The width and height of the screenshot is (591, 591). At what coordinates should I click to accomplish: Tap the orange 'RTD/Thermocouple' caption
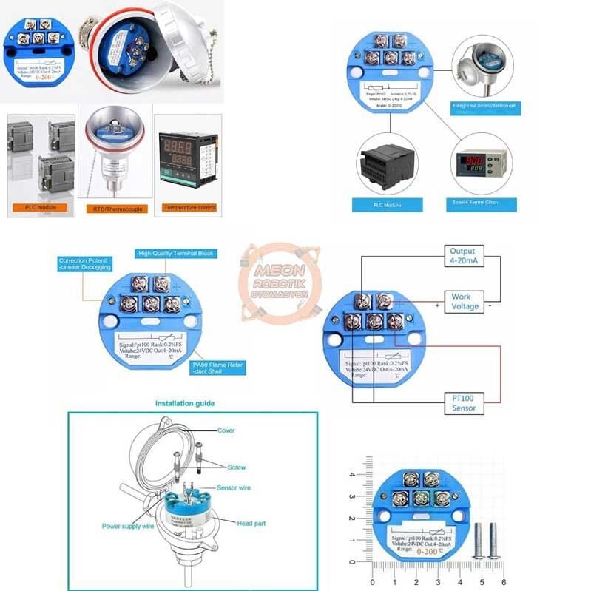116,209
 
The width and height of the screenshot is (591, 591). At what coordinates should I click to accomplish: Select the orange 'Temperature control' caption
190,208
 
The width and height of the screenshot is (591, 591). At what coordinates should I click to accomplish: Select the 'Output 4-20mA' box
464,256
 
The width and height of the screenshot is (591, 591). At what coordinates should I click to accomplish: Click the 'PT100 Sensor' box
464,403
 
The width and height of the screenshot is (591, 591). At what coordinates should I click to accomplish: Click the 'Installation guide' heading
185,404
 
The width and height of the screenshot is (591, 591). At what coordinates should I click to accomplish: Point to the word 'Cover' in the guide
226,430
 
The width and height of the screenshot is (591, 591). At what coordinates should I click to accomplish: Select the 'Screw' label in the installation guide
237,467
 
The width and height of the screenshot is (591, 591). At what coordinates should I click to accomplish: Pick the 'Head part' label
251,524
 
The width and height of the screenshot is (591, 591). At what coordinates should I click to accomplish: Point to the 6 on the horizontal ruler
503,581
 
